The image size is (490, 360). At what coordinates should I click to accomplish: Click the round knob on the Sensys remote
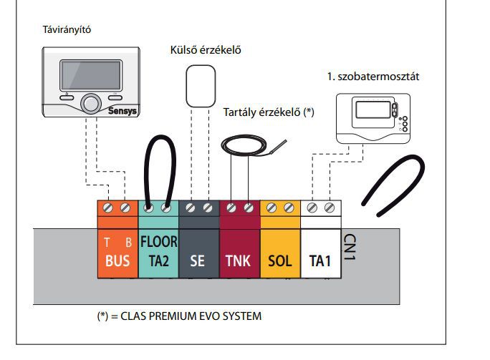click(92, 102)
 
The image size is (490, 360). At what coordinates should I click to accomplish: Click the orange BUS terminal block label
click(117, 261)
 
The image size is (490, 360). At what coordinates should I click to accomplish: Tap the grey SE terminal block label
click(198, 261)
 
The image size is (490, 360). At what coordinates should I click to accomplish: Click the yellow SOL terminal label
click(279, 261)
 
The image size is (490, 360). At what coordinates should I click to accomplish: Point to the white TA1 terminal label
click(320, 261)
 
